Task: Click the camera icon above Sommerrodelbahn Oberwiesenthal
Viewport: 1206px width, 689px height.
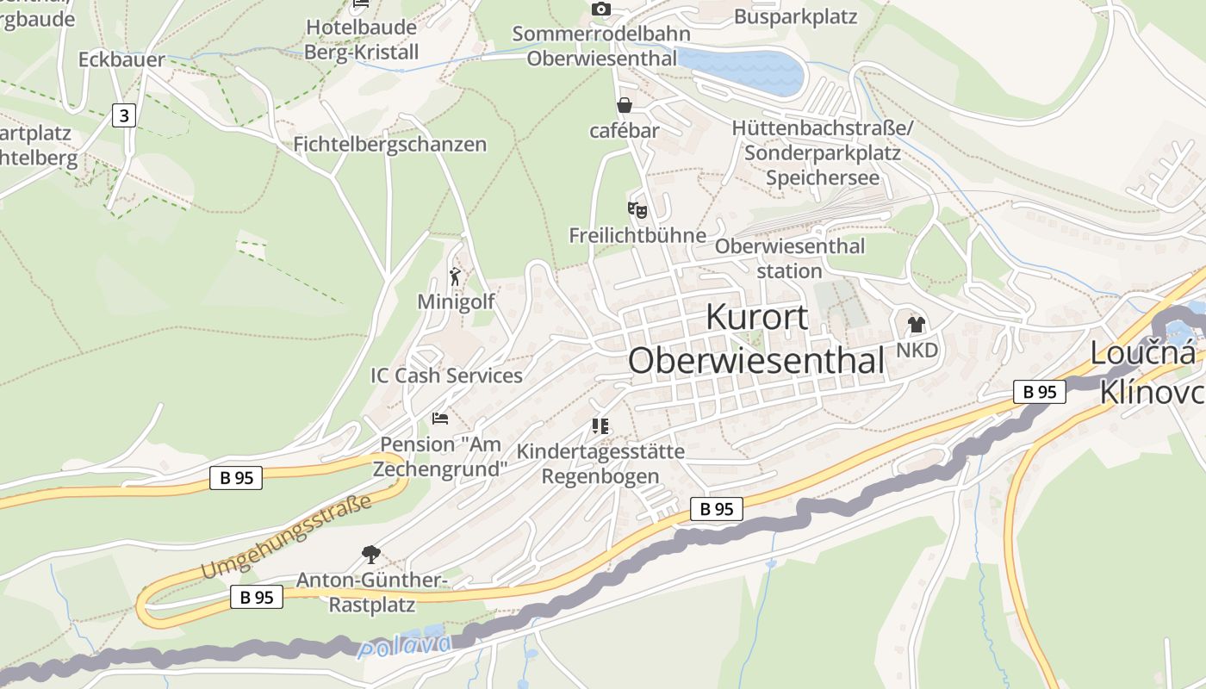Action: point(601,9)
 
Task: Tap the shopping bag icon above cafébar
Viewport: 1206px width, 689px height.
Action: point(624,105)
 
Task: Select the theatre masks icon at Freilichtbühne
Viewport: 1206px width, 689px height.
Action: point(637,209)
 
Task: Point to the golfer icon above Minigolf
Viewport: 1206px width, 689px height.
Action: point(456,276)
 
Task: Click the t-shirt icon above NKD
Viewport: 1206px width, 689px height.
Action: point(916,325)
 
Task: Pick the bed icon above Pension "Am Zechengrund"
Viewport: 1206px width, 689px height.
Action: point(440,419)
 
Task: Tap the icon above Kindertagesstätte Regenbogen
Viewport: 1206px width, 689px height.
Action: point(600,425)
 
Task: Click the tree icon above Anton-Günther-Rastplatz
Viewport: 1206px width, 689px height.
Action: point(371,554)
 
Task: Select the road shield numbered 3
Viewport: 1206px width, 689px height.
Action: point(124,115)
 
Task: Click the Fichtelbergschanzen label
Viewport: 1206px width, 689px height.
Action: point(390,144)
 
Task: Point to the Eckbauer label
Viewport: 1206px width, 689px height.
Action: point(121,59)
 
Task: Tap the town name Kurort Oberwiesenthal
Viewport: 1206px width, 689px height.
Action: point(756,339)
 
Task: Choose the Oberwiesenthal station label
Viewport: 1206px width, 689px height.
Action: point(789,258)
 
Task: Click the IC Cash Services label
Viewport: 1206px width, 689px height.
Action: point(446,376)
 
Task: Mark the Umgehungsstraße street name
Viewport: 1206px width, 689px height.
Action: point(286,538)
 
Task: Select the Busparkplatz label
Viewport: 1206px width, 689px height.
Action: point(795,16)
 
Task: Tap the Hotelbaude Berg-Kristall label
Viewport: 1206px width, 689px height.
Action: point(361,40)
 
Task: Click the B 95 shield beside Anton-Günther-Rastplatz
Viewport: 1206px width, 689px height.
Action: point(257,597)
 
